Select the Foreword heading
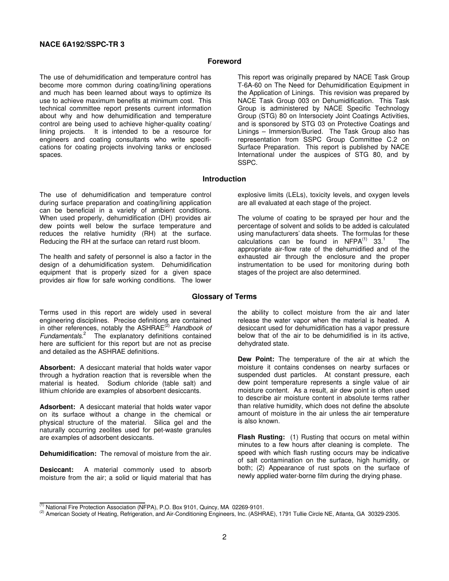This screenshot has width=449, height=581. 224,61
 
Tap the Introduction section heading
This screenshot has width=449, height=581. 224,179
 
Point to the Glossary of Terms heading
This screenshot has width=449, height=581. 224,297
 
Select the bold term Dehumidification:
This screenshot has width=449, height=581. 68,453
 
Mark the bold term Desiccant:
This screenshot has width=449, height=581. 56,470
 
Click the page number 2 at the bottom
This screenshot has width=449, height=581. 224,537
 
